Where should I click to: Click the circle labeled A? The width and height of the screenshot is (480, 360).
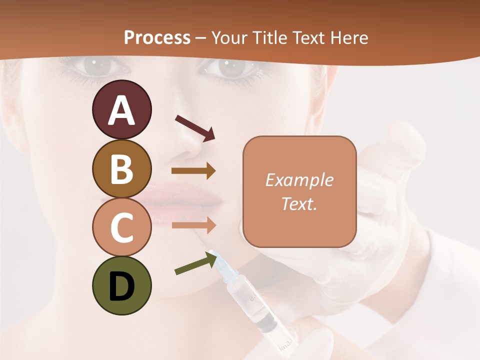tap(121, 110)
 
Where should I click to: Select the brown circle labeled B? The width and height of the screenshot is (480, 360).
tap(121, 168)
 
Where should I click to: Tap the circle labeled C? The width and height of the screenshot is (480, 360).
tap(121, 227)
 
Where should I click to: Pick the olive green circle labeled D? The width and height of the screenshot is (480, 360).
tap(121, 285)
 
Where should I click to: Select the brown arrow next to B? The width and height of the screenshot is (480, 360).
tap(193, 171)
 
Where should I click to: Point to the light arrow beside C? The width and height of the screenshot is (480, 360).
tap(193, 225)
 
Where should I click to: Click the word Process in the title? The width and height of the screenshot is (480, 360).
tap(157, 37)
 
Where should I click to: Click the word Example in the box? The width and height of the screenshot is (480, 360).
tap(299, 180)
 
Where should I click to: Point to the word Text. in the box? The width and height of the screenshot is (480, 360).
tap(299, 203)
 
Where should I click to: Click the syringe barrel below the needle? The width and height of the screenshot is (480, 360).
tap(250, 300)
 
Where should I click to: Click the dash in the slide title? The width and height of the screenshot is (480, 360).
tap(201, 38)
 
